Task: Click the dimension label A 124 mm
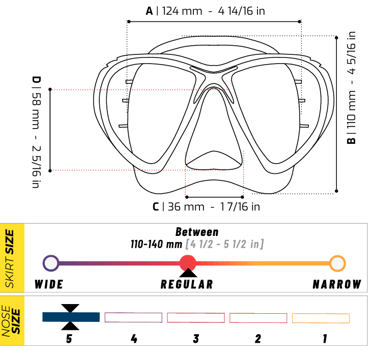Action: [x=205, y=11]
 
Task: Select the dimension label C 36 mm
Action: [x=206, y=206]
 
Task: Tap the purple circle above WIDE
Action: [x=50, y=263]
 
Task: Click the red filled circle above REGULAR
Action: [x=188, y=263]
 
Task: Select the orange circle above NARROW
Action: [x=337, y=263]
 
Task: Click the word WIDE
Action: [x=50, y=284]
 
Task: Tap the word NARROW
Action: [x=337, y=284]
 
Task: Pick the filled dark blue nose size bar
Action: [x=71, y=317]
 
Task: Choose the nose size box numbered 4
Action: [x=133, y=317]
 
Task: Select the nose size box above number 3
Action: [x=196, y=317]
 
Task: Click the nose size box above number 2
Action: [x=258, y=318]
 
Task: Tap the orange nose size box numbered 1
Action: [x=321, y=318]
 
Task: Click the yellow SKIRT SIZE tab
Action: [x=12, y=258]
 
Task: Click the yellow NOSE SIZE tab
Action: [x=12, y=321]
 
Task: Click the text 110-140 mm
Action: [x=156, y=244]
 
